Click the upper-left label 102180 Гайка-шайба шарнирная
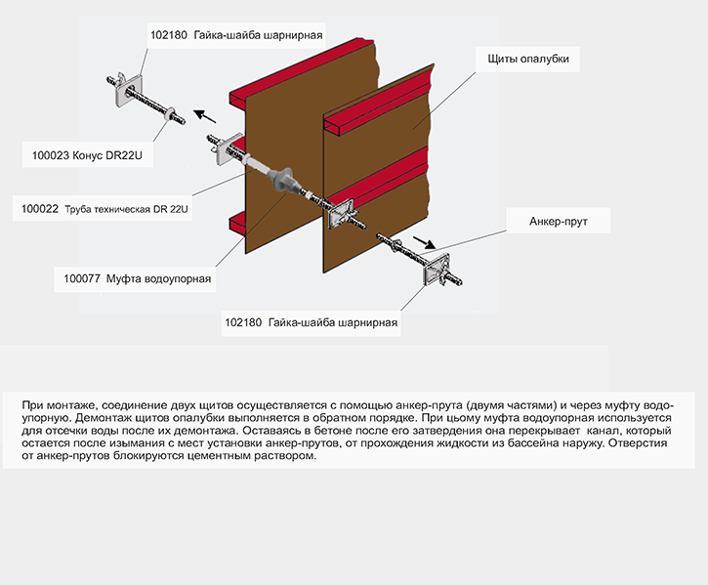(236, 35)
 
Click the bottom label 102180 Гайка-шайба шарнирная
(312, 322)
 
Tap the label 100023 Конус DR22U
(87, 155)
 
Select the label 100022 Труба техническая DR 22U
(104, 209)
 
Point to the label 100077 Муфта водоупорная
(138, 278)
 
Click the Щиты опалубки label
(528, 59)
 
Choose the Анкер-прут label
(558, 222)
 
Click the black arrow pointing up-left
(205, 116)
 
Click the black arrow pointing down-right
(425, 242)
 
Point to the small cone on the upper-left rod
(171, 112)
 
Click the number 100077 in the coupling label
(82, 278)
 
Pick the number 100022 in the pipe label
(40, 209)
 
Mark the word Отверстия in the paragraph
(638, 442)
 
